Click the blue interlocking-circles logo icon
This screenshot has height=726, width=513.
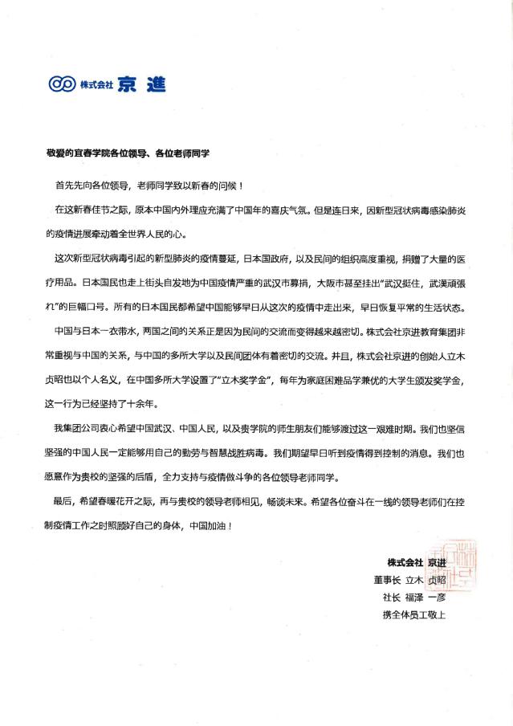click(x=62, y=83)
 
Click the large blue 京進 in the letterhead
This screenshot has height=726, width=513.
click(x=141, y=83)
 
